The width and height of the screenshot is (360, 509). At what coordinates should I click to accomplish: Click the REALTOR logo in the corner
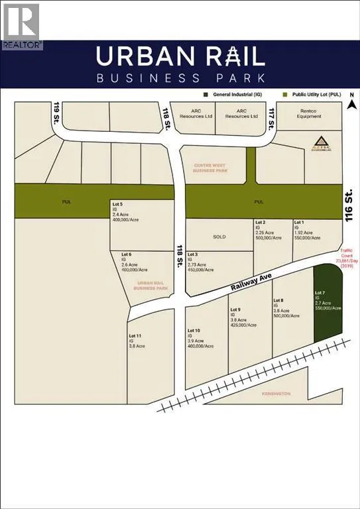[21, 27]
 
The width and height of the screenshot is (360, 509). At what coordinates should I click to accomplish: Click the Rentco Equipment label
[309, 113]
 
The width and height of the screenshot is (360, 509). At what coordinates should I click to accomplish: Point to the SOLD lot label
[219, 235]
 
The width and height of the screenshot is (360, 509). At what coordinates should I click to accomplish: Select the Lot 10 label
[194, 330]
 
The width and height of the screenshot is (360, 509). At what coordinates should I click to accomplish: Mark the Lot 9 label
[235, 310]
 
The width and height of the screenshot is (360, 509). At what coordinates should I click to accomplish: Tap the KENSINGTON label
[276, 394]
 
